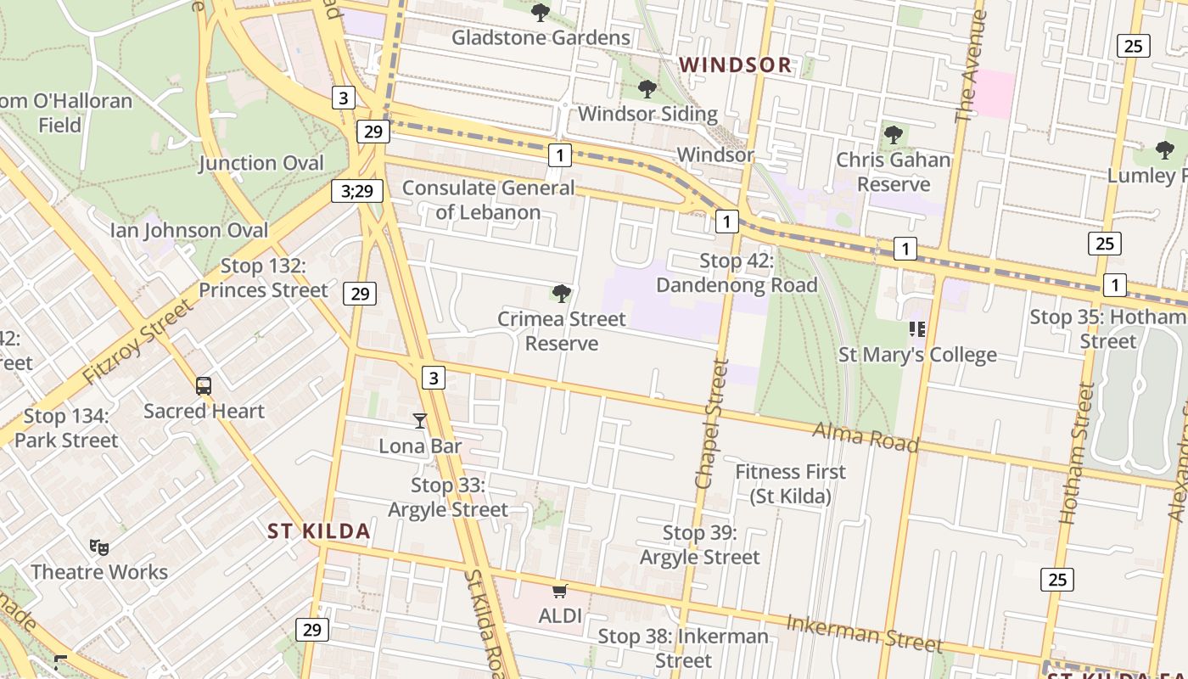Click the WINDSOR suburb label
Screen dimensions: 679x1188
[735, 65]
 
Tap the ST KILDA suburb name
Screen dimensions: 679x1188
[319, 531]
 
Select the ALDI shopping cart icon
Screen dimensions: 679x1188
[559, 591]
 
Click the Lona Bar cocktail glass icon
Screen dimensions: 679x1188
[419, 420]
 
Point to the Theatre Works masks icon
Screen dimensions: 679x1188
[99, 547]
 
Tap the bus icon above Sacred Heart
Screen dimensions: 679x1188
[204, 386]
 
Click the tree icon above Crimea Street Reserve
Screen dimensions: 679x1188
[561, 294]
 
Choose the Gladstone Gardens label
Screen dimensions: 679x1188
[541, 37]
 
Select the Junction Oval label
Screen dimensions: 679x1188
[261, 163]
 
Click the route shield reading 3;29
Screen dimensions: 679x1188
[356, 191]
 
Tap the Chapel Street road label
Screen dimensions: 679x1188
[711, 424]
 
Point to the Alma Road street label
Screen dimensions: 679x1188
[866, 436]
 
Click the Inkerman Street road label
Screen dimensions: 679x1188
[864, 633]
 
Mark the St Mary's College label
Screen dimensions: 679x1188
[917, 355]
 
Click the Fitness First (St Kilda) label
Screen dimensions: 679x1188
[790, 484]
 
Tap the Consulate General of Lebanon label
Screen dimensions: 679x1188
[488, 199]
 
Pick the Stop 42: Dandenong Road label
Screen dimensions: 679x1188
[737, 272]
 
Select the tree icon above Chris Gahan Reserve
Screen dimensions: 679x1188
[893, 134]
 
